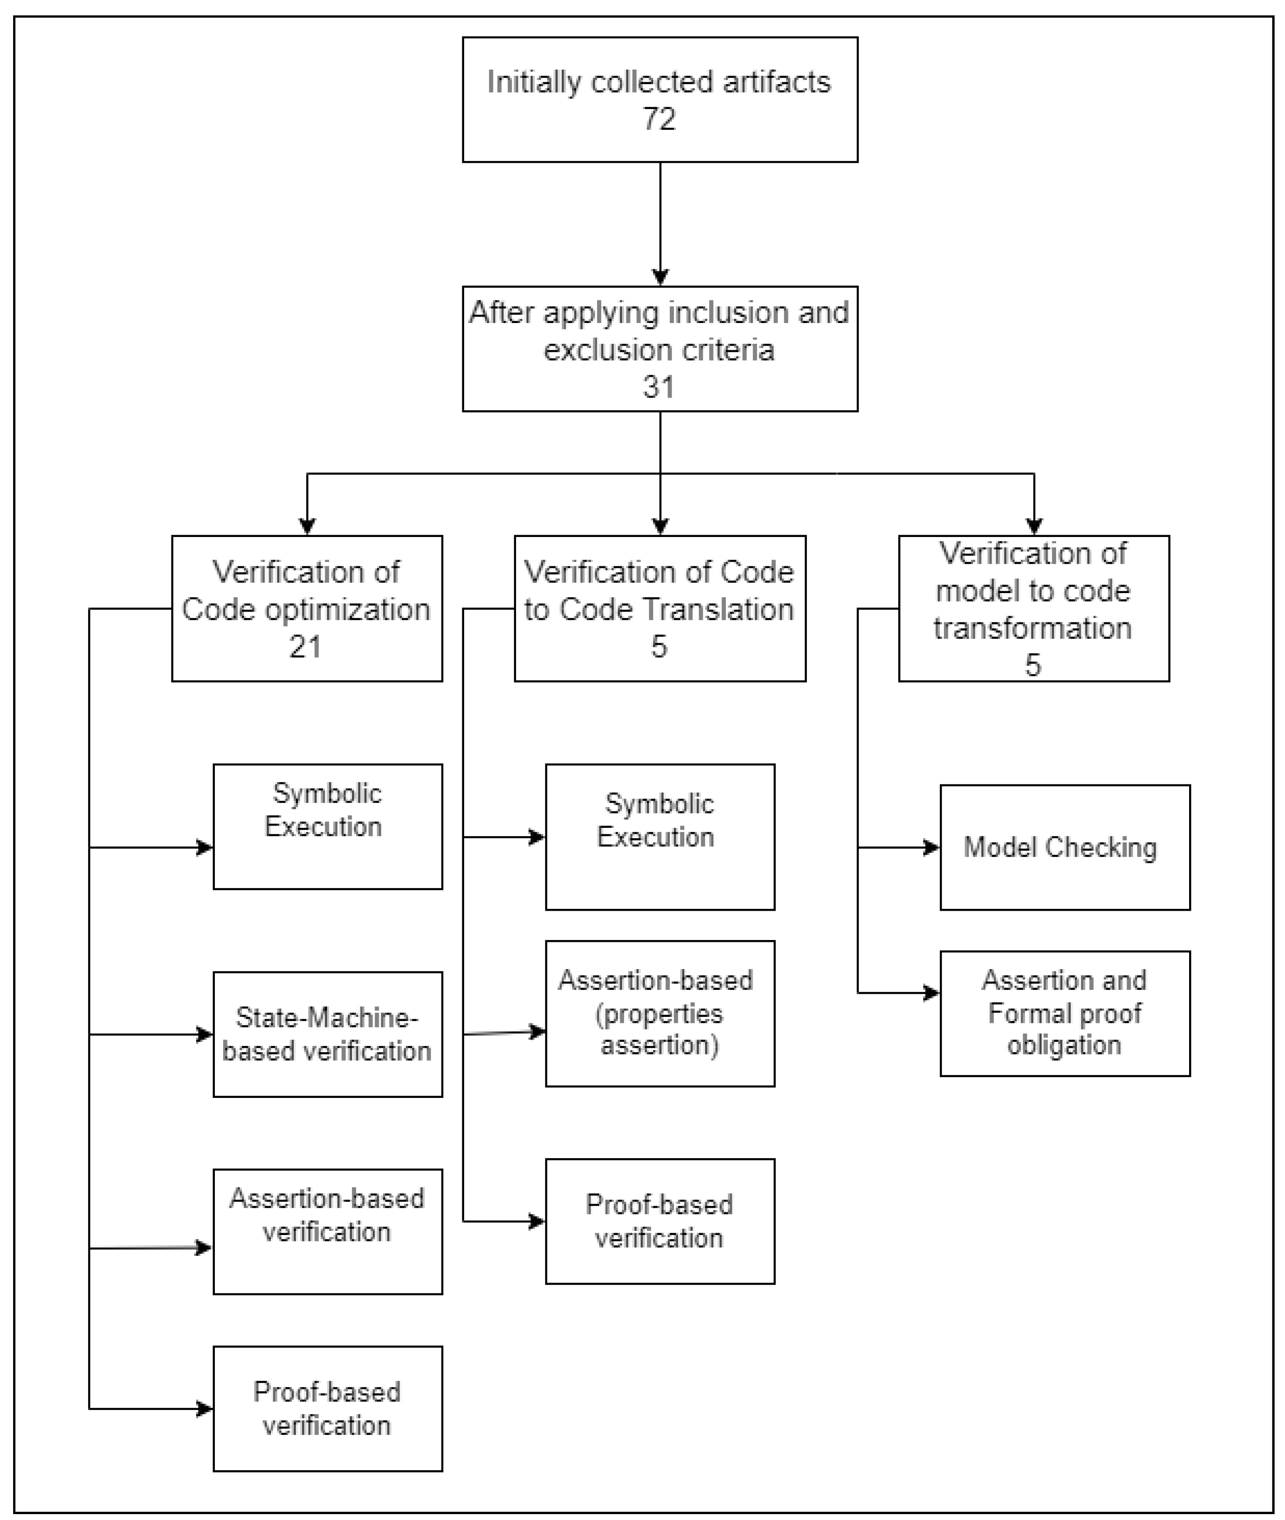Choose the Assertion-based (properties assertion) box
tap(659, 1013)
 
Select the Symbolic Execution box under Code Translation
tap(659, 836)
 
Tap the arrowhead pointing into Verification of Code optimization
tap(308, 526)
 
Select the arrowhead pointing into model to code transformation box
tap(1034, 526)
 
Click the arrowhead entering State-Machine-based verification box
tap(205, 1034)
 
